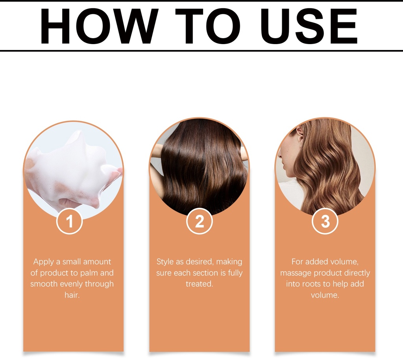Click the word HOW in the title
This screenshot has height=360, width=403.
99,26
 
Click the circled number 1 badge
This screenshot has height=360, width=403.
69,221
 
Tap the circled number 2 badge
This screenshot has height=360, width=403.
200,221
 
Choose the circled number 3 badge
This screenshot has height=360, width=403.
325,221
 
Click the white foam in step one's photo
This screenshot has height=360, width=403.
72,167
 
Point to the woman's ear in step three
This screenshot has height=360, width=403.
299,132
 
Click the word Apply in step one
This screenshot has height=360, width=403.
44,262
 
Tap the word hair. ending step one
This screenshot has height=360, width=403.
72,295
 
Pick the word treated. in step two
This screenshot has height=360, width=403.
200,284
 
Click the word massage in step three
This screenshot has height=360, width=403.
296,273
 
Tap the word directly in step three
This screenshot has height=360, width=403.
357,273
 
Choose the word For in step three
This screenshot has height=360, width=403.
297,262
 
